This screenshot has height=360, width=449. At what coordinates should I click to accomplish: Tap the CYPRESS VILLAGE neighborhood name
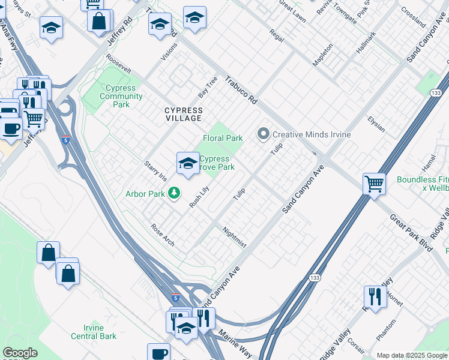184,114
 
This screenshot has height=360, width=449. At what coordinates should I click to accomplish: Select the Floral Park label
223,138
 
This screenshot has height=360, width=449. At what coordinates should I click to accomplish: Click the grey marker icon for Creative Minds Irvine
263,134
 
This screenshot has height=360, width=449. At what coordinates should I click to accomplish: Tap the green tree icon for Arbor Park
174,193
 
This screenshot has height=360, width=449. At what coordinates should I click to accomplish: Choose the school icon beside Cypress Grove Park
188,163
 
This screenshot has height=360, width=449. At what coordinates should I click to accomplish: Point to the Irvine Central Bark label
93,332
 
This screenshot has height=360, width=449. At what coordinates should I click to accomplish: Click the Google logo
20,353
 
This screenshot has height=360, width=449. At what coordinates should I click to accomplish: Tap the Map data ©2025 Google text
411,355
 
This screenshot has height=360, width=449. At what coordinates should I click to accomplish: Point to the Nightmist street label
234,237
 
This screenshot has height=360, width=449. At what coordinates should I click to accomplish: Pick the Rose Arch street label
163,235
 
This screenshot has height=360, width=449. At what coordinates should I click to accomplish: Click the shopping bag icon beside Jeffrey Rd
99,21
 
